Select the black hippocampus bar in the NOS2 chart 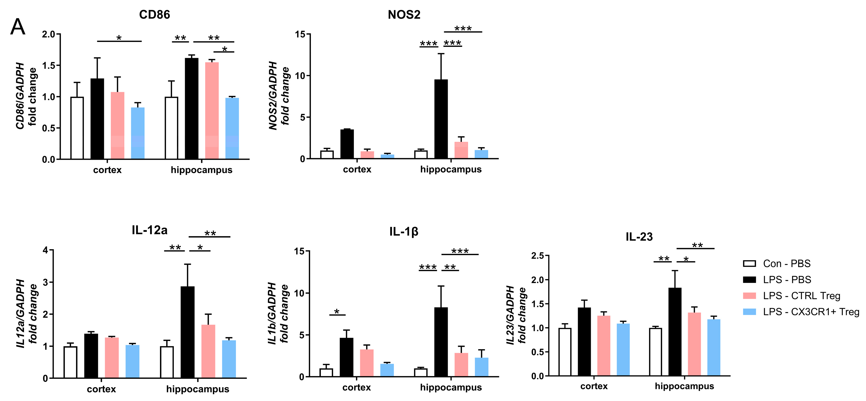click(441, 119)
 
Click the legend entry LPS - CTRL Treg click(801, 296)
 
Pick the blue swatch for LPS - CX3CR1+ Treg click(749, 312)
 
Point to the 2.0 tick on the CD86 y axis click(49, 34)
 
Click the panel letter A click(18, 27)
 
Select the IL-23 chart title click(639, 237)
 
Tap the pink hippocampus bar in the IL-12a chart click(208, 351)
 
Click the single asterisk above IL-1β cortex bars click(337, 311)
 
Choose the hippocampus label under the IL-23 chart click(684, 386)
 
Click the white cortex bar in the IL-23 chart click(565, 352)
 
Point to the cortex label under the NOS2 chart click(357, 169)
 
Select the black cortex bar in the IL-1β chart click(346, 357)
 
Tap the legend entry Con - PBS click(787, 263)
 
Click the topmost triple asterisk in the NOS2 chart click(463, 28)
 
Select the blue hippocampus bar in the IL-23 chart click(714, 348)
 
